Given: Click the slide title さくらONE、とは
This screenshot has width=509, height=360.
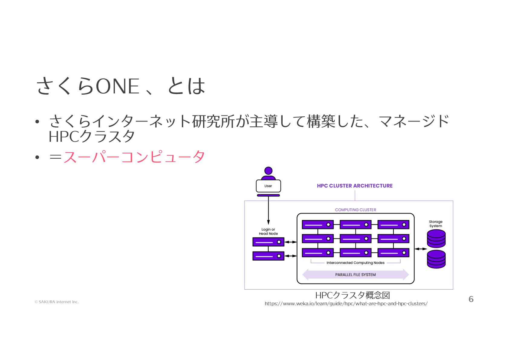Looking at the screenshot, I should click(x=121, y=86).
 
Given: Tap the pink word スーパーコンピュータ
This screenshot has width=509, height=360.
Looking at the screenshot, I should click(x=134, y=157).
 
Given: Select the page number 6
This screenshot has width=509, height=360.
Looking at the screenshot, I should click(x=471, y=299).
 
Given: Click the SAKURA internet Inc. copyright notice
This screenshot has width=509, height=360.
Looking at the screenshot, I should click(x=57, y=302).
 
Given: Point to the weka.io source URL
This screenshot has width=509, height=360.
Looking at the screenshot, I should click(x=346, y=304).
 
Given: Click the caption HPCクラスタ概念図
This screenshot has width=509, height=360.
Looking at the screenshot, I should click(x=352, y=295).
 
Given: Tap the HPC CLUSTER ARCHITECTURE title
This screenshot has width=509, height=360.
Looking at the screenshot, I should click(x=355, y=186).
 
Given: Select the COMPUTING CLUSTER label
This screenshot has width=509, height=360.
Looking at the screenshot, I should click(x=355, y=210).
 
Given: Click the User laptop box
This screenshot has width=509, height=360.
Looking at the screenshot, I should click(x=268, y=186).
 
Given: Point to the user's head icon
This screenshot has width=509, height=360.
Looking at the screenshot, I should click(x=268, y=171).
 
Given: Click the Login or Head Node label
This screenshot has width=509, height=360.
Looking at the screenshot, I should click(x=268, y=232).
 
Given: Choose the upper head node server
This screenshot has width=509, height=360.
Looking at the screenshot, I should click(x=268, y=242).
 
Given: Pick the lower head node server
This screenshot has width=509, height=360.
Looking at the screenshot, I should click(x=268, y=256).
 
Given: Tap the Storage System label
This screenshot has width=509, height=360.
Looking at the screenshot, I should click(x=436, y=224).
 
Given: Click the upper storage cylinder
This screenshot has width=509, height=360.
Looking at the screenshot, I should click(x=436, y=238).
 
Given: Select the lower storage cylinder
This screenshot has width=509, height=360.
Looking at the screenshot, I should click(x=436, y=259).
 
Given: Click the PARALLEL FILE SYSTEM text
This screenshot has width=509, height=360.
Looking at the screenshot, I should click(x=355, y=275).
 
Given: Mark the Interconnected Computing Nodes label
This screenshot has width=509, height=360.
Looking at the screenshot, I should click(x=355, y=263).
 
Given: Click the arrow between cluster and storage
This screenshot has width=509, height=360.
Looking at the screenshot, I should click(x=420, y=249).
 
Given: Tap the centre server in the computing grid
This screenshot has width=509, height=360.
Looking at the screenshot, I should click(x=355, y=239).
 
